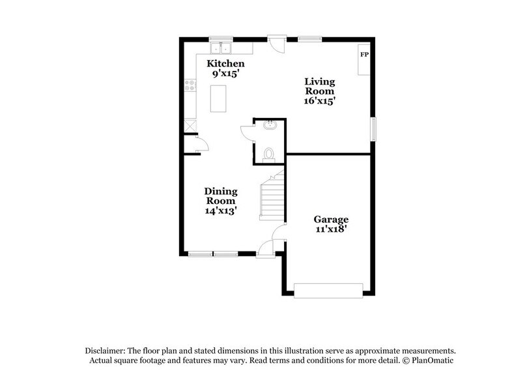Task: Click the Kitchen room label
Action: point(225,64)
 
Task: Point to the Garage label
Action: point(331,220)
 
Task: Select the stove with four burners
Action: point(190,85)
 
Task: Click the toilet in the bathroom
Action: point(268,154)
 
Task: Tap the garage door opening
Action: point(328,291)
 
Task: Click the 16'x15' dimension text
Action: point(320,102)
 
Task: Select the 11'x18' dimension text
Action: point(331,229)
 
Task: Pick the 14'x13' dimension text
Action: point(221,211)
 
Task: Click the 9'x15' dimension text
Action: point(225,74)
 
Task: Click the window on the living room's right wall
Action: point(373,128)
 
